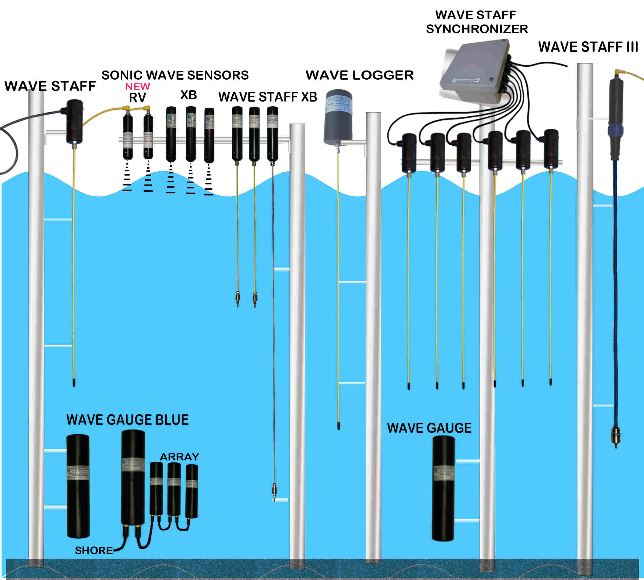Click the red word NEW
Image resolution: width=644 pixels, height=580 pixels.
[137, 86]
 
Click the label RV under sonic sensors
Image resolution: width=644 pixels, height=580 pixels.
[137, 98]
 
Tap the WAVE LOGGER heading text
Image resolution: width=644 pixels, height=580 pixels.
[360, 75]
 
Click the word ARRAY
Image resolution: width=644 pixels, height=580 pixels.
[179, 457]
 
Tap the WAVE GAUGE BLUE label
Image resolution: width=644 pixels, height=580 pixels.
[127, 420]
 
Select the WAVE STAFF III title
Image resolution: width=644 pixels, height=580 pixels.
[588, 47]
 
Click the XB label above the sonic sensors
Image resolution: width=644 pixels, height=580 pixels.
[189, 95]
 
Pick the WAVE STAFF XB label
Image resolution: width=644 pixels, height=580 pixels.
[267, 97]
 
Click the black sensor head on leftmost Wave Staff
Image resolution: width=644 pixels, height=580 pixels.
[74, 122]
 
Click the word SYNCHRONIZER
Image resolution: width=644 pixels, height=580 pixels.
[477, 29]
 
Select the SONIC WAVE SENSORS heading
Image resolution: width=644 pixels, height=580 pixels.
[175, 75]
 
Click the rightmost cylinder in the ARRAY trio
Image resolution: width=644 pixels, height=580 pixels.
[192, 491]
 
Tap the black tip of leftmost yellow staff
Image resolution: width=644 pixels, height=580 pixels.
[74, 382]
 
